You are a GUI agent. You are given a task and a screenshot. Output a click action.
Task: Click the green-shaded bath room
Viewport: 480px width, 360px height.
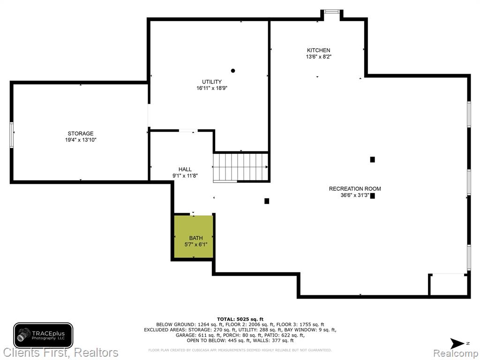pyautogui.click(x=194, y=237)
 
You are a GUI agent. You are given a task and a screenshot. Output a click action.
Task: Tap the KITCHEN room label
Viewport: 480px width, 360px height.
pyautogui.click(x=319, y=50)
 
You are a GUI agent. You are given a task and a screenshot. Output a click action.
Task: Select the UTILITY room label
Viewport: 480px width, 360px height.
pyautogui.click(x=212, y=82)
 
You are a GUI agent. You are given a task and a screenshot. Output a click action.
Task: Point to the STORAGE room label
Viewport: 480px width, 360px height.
pyautogui.click(x=81, y=134)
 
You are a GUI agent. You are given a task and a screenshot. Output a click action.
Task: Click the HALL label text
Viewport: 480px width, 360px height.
pyautogui.click(x=185, y=169)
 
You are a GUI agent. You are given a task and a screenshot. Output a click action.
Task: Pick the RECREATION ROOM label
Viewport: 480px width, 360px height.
pyautogui.click(x=355, y=189)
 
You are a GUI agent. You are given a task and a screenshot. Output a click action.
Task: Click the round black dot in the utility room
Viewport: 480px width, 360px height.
pyautogui.click(x=233, y=71)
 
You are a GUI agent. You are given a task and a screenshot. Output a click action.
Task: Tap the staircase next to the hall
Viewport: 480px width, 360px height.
pyautogui.click(x=240, y=167)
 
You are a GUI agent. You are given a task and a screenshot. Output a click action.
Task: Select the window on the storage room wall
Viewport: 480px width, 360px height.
pyautogui.click(x=12, y=135)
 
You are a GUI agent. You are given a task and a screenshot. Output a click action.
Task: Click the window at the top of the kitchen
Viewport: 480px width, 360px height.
pyautogui.click(x=332, y=12)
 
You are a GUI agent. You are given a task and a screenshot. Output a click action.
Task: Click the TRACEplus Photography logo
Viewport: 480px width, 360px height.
pyautogui.click(x=43, y=336)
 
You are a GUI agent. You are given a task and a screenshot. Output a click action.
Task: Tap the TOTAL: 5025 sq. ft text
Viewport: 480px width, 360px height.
pyautogui.click(x=240, y=319)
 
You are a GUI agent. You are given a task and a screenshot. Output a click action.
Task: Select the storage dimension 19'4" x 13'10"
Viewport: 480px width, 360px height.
pyautogui.click(x=81, y=140)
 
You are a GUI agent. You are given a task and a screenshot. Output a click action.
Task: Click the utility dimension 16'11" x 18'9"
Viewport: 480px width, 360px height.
pyautogui.click(x=212, y=89)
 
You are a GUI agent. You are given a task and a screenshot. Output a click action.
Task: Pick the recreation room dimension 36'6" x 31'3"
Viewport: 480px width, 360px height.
pyautogui.click(x=355, y=195)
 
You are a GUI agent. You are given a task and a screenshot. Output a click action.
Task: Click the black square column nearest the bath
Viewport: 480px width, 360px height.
pyautogui.click(x=267, y=201)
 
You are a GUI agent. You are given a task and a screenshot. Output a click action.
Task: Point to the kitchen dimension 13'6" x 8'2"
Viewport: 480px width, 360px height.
pyautogui.click(x=319, y=57)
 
